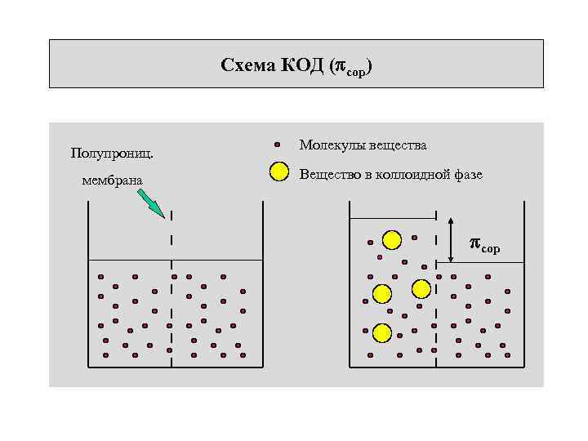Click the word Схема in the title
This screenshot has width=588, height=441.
[248, 65]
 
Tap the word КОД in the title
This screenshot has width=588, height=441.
[304, 65]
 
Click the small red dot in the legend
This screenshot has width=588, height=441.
[278, 145]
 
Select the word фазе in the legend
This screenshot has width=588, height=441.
[465, 174]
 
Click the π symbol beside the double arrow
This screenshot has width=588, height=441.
[475, 243]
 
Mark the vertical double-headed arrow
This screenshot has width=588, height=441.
[452, 240]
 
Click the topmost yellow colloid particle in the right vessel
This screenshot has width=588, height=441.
[392, 240]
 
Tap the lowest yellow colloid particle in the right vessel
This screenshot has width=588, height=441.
[381, 332]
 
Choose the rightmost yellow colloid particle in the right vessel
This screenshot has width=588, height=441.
[421, 288]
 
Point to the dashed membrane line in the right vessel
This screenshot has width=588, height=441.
[436, 302]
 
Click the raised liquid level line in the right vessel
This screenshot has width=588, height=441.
[393, 218]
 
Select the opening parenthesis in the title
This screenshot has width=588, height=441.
[332, 65]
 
